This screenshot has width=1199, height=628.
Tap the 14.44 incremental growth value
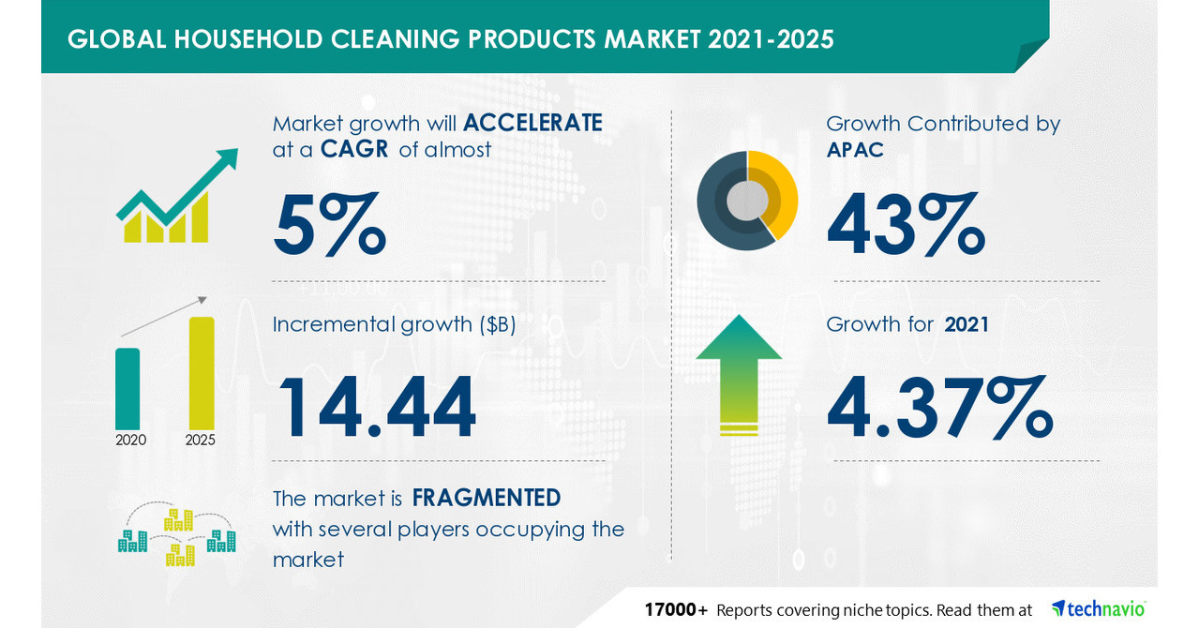click(x=375, y=408)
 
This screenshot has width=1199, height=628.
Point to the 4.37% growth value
click(x=940, y=408)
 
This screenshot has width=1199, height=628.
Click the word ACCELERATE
click(x=532, y=123)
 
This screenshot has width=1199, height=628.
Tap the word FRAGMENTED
click(x=487, y=497)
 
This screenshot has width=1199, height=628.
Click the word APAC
click(x=855, y=149)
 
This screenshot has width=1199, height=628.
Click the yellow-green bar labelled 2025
click(x=202, y=373)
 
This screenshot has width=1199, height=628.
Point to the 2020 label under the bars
click(x=130, y=439)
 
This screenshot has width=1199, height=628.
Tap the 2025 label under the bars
click(x=201, y=439)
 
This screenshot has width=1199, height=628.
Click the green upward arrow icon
click(x=739, y=373)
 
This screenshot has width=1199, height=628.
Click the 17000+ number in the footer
click(x=676, y=610)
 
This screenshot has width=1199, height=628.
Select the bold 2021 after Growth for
click(x=968, y=324)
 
